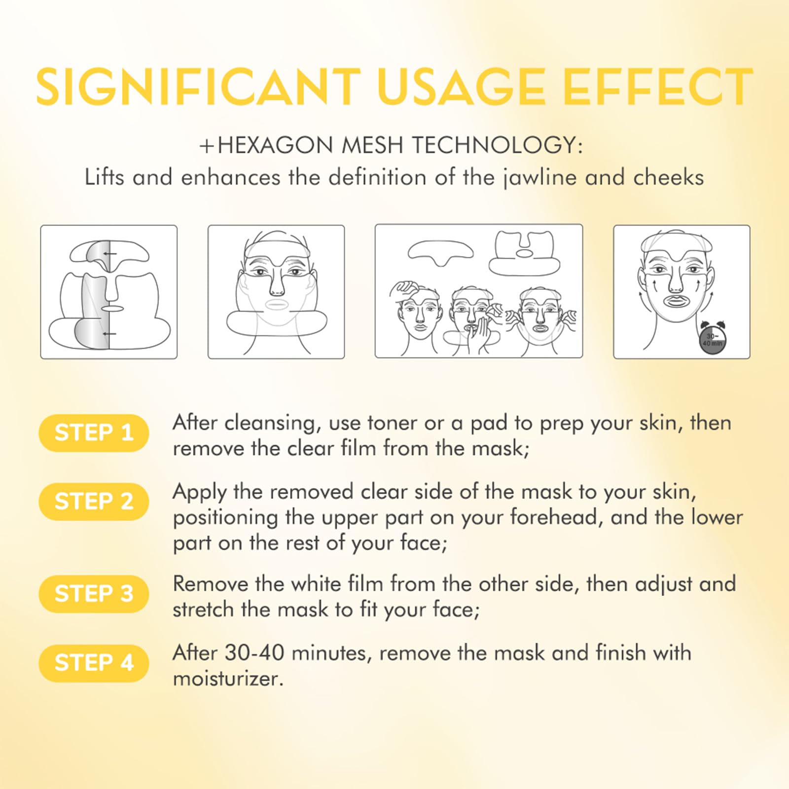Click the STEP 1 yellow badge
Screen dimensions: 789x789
(94, 433)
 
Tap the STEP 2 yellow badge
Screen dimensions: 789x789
(94, 502)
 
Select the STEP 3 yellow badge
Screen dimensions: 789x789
(94, 594)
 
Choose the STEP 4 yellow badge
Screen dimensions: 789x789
(94, 663)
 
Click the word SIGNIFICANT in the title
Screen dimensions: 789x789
(198, 87)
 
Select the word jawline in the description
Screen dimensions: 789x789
(539, 178)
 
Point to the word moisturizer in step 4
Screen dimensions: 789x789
(228, 679)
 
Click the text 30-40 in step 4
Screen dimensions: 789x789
(255, 653)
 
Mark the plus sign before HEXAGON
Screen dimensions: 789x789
(207, 146)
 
